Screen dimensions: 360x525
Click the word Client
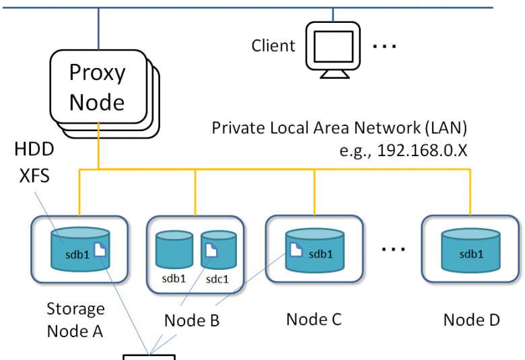(x=273, y=46)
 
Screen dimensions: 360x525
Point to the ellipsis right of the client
(x=385, y=46)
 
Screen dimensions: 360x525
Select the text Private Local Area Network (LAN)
(x=339, y=128)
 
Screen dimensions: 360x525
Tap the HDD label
(x=34, y=149)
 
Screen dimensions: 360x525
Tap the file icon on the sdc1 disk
(x=211, y=251)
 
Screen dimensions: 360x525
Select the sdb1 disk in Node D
(x=470, y=249)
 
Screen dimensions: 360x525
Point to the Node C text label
(x=314, y=318)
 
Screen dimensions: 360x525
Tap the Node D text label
(x=471, y=320)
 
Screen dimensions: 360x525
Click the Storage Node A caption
(x=75, y=320)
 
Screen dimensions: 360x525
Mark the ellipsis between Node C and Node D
(x=394, y=248)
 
